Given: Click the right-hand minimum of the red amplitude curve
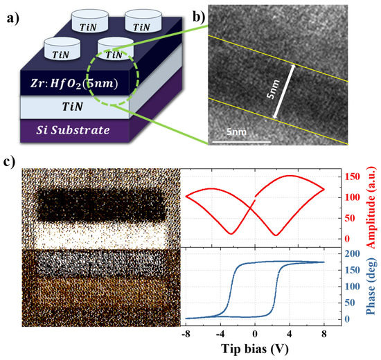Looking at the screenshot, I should [x=276, y=235].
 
